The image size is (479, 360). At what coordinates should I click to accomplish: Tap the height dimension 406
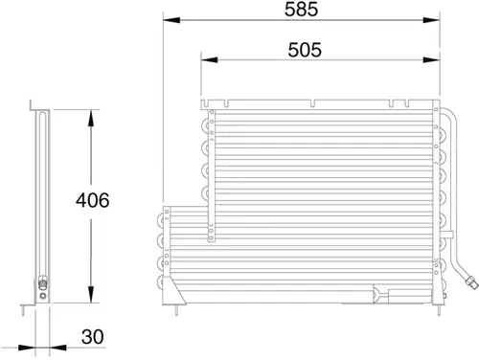[93, 201]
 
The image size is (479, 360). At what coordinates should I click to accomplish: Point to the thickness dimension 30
[93, 337]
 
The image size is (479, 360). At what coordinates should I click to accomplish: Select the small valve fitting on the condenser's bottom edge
[378, 294]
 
